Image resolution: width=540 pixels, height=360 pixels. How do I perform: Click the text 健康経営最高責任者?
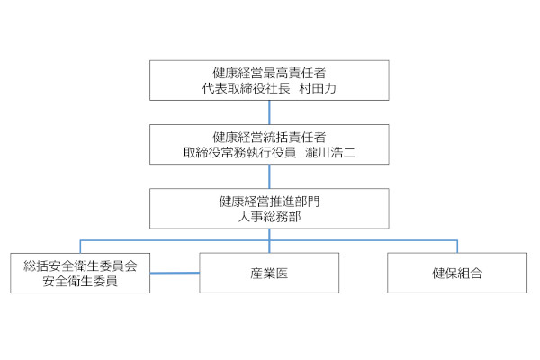[269, 73]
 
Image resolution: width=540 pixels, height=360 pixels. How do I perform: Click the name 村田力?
[318, 88]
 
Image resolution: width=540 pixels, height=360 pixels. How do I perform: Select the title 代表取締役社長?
[247, 88]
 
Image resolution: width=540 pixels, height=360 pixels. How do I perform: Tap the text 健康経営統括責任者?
[269, 137]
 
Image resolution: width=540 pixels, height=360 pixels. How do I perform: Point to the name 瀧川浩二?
[330, 152]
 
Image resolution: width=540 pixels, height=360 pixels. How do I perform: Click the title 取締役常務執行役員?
[239, 152]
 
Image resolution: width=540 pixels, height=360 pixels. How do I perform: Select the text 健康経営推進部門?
[269, 202]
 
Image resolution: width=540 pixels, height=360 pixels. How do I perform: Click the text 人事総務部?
[269, 217]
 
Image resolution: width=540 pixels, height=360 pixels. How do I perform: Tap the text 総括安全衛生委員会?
[80, 266]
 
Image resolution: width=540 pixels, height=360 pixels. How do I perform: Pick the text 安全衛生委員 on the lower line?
[80, 281]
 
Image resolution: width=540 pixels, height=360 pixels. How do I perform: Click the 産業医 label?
[269, 274]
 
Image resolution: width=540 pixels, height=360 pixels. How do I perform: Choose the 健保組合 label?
[457, 274]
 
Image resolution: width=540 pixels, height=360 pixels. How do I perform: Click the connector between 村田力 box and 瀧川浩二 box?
[269, 112]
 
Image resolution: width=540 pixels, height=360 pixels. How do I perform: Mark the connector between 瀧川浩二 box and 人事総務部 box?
[269, 176]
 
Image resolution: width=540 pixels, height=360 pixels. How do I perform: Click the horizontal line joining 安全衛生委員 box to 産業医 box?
[175, 274]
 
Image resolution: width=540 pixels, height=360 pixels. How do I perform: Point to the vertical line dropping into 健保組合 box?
[457, 247]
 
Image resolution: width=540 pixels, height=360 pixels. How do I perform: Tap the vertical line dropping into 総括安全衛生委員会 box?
[80, 247]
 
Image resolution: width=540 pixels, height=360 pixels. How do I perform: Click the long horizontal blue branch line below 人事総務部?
[269, 240]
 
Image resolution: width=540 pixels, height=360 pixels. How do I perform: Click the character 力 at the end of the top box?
[330, 88]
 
